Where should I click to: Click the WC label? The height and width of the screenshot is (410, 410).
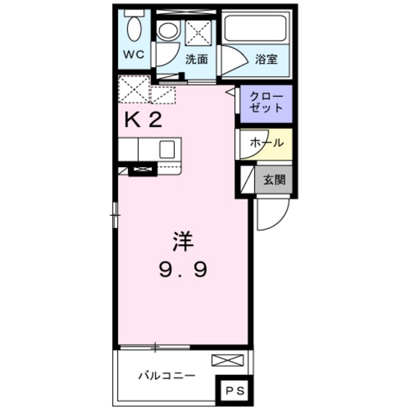tap(134, 54)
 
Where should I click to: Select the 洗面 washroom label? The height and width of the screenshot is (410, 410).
tap(197, 60)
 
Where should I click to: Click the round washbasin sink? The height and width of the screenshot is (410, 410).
tap(168, 31)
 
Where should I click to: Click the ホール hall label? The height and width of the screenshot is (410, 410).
tap(266, 142)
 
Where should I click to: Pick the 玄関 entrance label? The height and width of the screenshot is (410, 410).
tap(274, 179)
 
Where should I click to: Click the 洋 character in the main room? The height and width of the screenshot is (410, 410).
tap(182, 243)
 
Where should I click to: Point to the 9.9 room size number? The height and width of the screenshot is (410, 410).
tap(183, 270)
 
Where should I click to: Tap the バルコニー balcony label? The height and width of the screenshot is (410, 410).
tap(167, 375)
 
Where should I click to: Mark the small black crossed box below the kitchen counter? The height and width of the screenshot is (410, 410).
tap(142, 170)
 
